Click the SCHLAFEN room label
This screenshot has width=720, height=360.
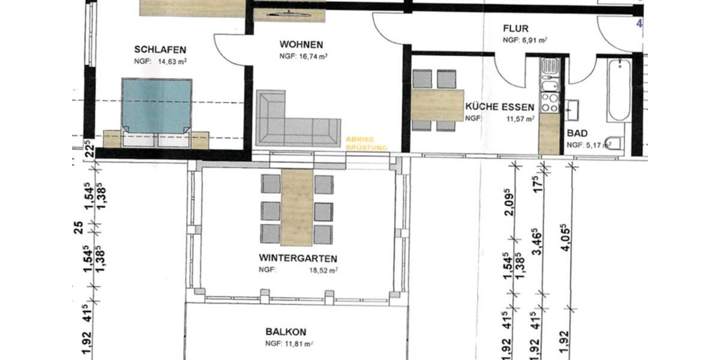pyautogui.click(x=160, y=50)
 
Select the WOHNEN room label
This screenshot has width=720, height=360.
pyautogui.click(x=301, y=45)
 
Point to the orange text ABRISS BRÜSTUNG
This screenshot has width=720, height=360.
pyautogui.click(x=367, y=143)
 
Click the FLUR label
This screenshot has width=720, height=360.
pyautogui.click(x=515, y=28)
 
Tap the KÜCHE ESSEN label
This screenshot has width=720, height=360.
pyautogui.click(x=499, y=107)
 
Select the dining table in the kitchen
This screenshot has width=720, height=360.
pyautogui.click(x=439, y=105)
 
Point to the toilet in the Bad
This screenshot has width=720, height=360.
pyautogui.click(x=614, y=143)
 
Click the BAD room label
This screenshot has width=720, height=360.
pyautogui.click(x=577, y=133)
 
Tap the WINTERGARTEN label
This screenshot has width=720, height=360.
pyautogui.click(x=298, y=259)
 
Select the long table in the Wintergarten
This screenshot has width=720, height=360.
pyautogui.click(x=297, y=207)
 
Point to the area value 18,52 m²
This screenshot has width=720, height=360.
pyautogui.click(x=323, y=271)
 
